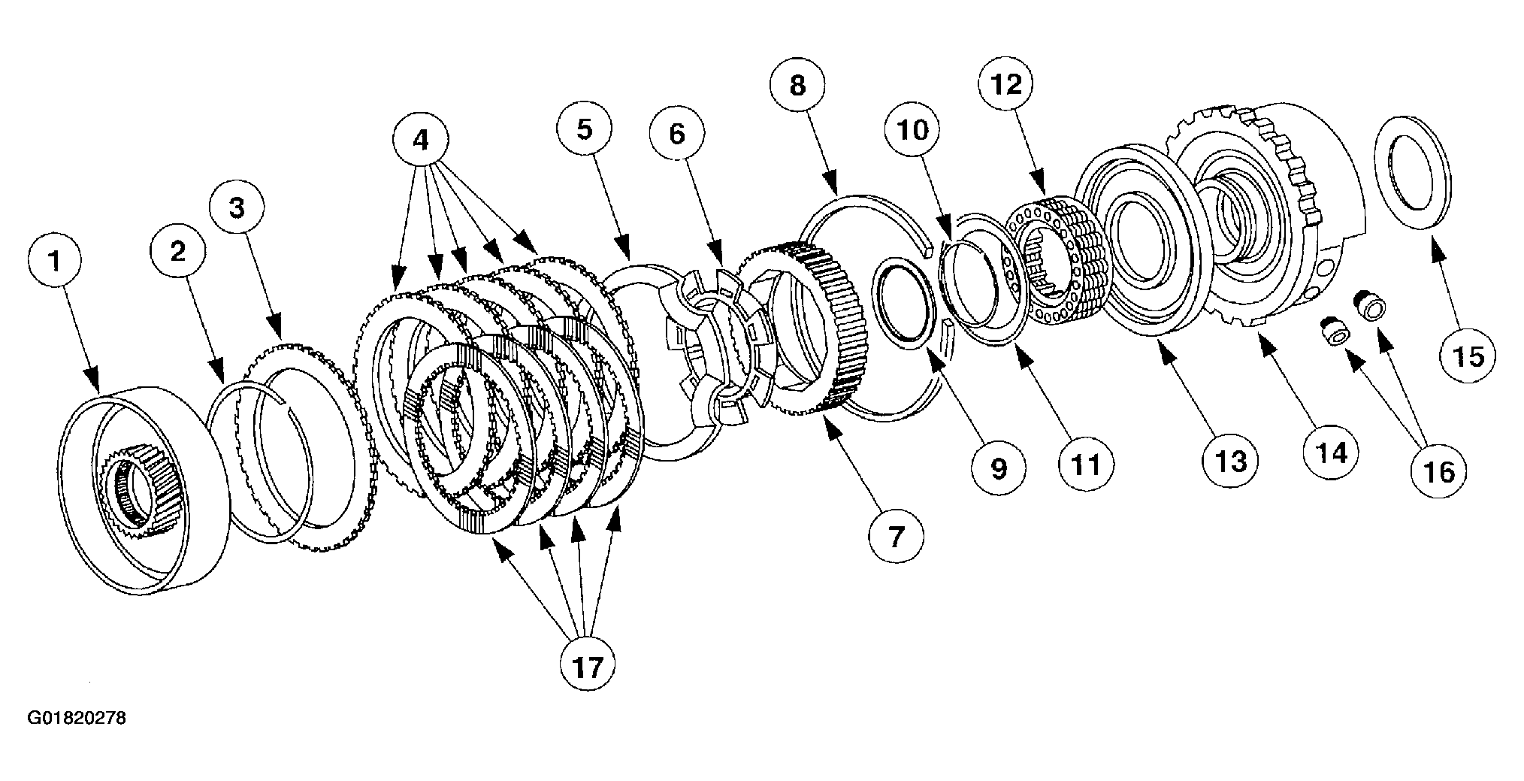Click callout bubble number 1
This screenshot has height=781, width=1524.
pos(55,261)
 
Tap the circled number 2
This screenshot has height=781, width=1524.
pos(178,251)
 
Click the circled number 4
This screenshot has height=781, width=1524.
pos(421,141)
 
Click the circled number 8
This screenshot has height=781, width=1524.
pos(798,86)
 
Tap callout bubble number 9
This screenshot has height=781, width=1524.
pos(998,468)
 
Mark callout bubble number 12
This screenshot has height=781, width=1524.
pos(1007,84)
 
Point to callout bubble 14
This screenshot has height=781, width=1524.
pos(1331,453)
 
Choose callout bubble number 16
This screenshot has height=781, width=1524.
pos(1438,471)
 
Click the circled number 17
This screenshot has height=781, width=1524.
pos(588,665)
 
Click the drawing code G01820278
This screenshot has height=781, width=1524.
pos(77,719)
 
